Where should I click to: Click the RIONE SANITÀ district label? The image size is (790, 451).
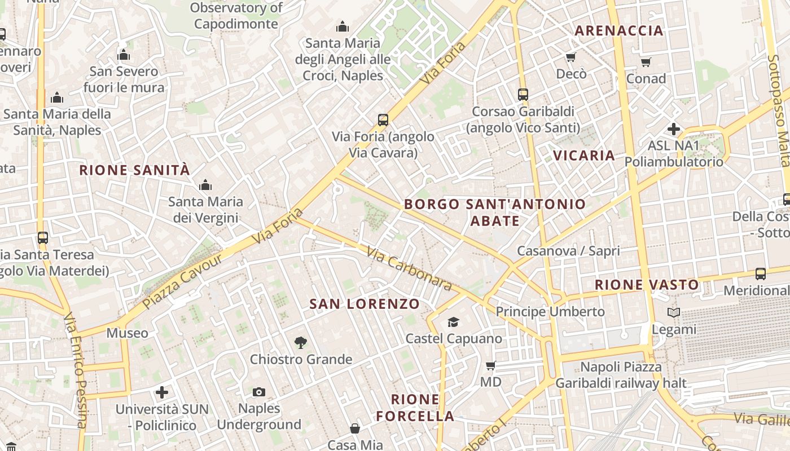click(x=134, y=170)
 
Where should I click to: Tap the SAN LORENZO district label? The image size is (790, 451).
click(x=365, y=304)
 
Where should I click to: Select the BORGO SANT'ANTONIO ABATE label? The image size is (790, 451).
click(x=495, y=212)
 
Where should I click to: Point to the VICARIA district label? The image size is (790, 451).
click(x=583, y=156)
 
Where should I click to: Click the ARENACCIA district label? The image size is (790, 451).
click(x=618, y=31)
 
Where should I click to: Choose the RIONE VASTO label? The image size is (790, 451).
click(x=647, y=285)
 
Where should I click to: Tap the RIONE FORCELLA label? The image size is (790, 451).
click(x=415, y=408)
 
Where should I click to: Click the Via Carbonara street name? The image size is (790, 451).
click(x=409, y=268)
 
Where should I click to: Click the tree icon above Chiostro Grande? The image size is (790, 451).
click(x=301, y=342)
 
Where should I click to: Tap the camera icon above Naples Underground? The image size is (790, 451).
click(x=259, y=392)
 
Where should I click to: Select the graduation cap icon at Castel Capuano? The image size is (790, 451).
click(x=453, y=322)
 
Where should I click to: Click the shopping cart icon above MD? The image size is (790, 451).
click(x=490, y=366)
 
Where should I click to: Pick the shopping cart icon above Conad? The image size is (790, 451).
click(x=646, y=62)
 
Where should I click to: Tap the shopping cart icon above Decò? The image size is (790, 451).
click(x=570, y=57)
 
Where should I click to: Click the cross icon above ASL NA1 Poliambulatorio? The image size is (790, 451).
click(x=673, y=129)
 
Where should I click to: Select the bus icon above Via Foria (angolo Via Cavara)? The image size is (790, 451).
click(x=383, y=120)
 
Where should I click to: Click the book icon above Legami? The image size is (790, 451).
click(x=673, y=312)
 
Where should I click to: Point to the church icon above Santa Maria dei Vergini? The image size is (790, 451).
click(x=205, y=185)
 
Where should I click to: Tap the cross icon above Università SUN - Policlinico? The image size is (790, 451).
click(x=162, y=392)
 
